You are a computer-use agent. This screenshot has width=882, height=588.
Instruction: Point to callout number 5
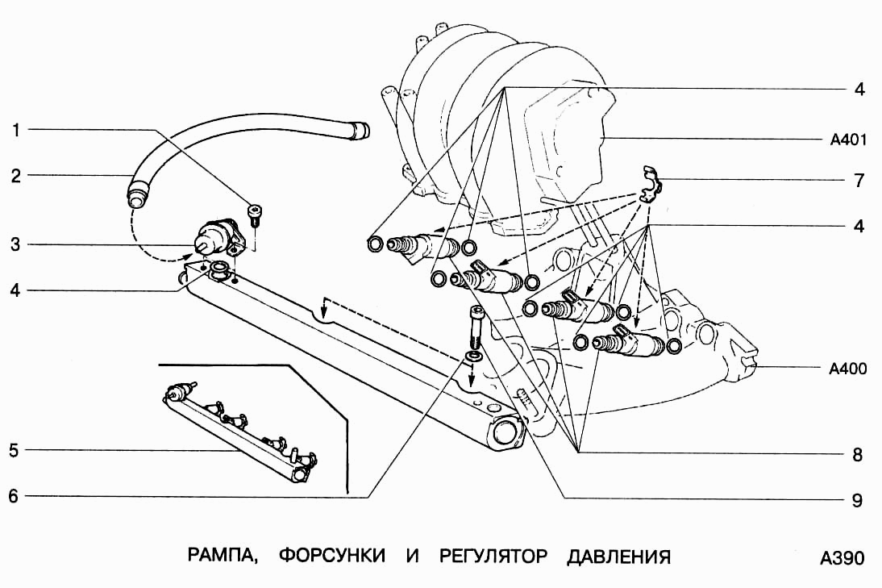(14, 450)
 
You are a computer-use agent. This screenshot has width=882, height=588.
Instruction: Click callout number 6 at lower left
(14, 496)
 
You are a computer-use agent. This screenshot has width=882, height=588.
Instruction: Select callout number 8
(858, 455)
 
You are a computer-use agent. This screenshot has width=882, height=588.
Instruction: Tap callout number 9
(858, 500)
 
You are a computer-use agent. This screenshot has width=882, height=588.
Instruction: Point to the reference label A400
(848, 370)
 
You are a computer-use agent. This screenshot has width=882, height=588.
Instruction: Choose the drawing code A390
(842, 558)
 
